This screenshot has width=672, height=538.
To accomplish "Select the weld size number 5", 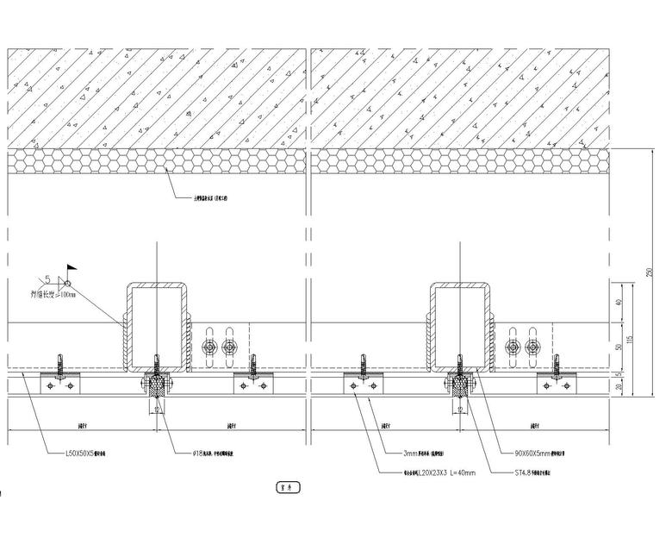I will click(x=48, y=278).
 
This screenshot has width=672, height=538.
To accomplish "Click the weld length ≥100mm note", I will click(x=52, y=295).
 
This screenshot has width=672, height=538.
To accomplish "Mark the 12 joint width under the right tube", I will click(x=460, y=410).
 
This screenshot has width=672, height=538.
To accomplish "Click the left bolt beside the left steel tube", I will click(x=208, y=347).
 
